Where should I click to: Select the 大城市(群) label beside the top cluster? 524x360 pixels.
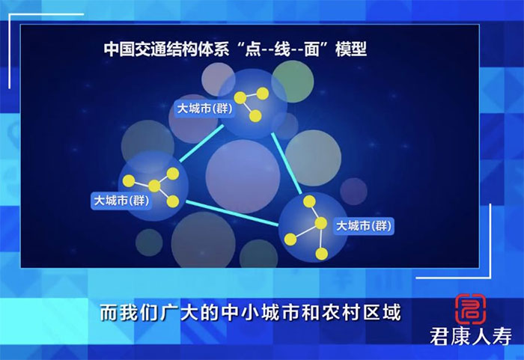pos(204,109)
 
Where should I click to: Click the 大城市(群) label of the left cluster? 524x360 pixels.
pos(121,201)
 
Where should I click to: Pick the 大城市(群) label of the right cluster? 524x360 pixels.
pos(364,226)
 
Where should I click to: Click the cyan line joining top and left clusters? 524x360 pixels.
pos(201,144)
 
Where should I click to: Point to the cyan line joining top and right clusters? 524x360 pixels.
pos(287,163)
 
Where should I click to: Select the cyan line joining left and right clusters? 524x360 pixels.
pos(232,213)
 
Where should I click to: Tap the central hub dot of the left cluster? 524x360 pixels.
pos(154,186)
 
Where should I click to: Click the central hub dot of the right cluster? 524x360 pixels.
pos(320,223)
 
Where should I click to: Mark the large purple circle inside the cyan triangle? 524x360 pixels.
pos(243,177)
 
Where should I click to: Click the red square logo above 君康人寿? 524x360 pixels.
pos(471,309)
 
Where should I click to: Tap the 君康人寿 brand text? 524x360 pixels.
pos(471,337)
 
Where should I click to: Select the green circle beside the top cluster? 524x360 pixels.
pos(293,82)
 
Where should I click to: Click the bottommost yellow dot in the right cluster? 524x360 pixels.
pos(321,254)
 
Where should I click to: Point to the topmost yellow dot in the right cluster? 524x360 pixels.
pos(309,201)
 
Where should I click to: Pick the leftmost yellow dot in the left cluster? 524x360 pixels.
pos(128,181)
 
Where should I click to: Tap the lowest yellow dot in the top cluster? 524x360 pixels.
pos(255,116)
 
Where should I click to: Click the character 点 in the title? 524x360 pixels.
pos(253,49)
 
